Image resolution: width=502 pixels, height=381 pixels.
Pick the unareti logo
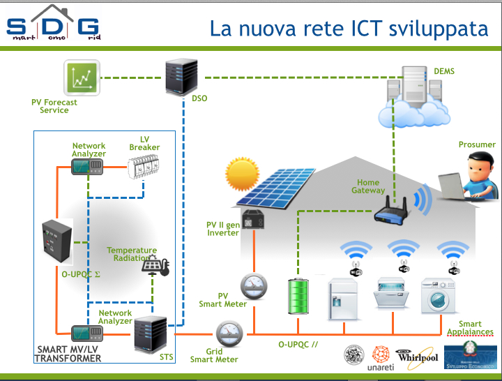click(x=381, y=357)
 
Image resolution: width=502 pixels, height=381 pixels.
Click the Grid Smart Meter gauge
click(x=228, y=334)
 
